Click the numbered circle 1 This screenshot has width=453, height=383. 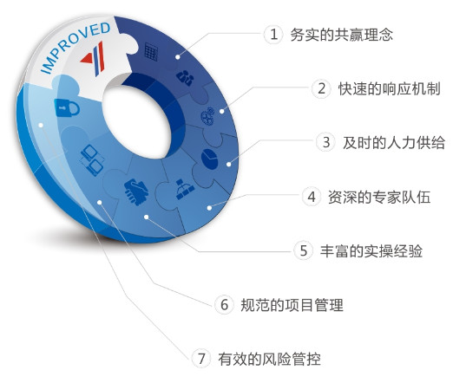click(273, 35)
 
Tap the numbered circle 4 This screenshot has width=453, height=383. click(312, 197)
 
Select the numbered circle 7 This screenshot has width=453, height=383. click(201, 359)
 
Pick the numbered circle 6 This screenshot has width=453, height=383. click(224, 304)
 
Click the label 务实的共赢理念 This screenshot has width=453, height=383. click(341, 35)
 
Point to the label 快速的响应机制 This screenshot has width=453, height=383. click(390, 88)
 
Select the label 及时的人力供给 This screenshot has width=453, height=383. click(394, 143)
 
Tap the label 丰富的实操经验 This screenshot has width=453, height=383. click(371, 250)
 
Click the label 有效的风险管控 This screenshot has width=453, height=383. click(269, 359)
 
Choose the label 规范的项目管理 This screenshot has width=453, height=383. click(292, 305)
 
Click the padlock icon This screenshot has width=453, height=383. click(67, 107)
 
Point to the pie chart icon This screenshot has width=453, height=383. click(209, 159)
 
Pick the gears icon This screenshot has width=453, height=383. click(207, 116)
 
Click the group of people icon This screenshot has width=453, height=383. click(185, 77)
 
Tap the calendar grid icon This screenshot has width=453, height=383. click(151, 52)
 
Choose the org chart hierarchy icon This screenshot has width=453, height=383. click(184, 190)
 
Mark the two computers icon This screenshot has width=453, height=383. click(92, 160)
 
